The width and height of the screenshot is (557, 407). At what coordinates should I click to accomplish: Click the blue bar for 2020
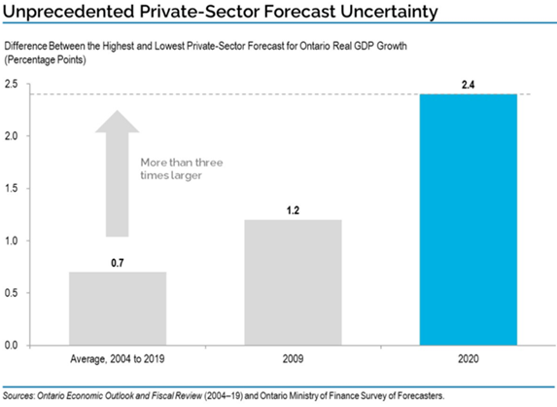469,219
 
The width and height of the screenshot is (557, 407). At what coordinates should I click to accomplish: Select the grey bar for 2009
293,282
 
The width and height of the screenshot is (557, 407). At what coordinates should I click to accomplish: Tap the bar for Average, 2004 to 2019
118,309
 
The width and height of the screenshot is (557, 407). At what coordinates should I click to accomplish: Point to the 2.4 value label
468,85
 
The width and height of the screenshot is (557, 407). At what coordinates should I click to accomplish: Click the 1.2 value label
293,210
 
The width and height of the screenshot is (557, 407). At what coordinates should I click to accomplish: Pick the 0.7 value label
118,263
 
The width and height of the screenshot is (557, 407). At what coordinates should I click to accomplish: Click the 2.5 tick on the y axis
11,84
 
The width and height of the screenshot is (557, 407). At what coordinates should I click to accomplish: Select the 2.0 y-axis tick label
11,136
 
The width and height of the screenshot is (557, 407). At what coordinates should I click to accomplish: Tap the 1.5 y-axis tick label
11,189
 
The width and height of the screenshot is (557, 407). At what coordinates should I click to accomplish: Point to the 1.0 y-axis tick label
11,240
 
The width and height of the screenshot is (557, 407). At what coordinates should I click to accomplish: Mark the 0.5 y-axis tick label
11,293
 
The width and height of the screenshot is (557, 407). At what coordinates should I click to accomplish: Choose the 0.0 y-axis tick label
11,345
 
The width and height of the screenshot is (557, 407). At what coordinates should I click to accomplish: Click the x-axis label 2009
293,358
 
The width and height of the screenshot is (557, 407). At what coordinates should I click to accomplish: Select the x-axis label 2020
469,358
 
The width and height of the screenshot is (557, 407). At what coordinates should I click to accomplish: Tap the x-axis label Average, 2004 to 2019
118,359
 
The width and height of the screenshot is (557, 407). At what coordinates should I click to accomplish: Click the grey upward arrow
118,173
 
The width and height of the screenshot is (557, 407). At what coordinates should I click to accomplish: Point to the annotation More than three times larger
182,169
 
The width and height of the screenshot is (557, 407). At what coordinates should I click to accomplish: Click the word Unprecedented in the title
68,12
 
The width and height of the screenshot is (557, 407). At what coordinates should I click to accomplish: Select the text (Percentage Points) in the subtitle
45,59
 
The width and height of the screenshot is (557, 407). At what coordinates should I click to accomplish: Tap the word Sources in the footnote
18,395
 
